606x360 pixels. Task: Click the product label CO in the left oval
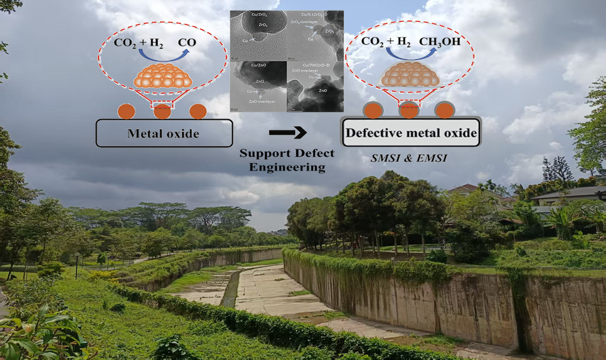[187, 43]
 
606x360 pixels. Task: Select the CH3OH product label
[439, 42]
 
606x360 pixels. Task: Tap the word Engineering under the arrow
[287, 167]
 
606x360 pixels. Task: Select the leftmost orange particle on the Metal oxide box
[127, 112]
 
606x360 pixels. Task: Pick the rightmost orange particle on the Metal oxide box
[198, 112]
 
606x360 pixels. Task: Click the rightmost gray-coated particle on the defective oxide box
[444, 110]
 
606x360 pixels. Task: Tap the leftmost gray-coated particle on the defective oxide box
[373, 110]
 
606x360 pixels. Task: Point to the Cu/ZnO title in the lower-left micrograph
[257, 65]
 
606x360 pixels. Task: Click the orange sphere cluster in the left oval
[162, 75]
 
